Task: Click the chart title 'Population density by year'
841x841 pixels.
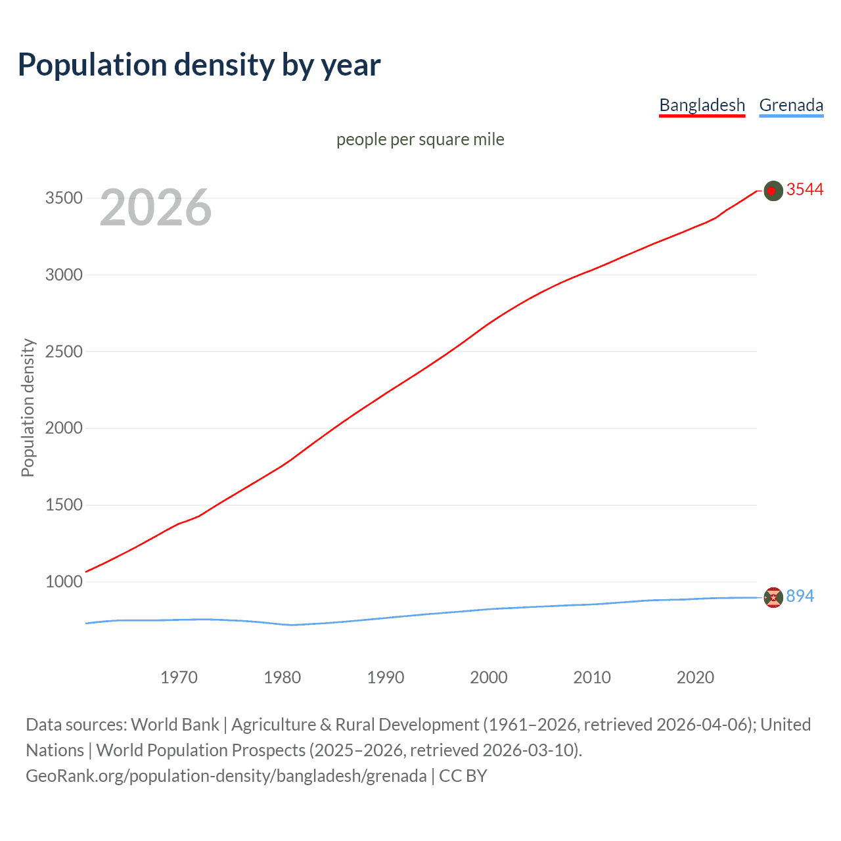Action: point(199,65)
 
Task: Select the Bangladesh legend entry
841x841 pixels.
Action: point(702,105)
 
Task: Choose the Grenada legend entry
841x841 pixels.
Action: point(791,105)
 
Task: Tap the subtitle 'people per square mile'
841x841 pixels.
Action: point(420,139)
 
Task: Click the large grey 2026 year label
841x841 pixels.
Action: point(156,208)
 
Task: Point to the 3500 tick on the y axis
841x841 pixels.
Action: point(64,198)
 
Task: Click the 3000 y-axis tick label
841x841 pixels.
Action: point(64,275)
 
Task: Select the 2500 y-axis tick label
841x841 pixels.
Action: point(64,352)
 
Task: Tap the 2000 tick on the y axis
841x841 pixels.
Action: point(64,428)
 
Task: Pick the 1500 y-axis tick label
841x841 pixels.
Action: point(64,505)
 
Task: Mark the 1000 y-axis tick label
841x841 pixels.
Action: point(64,581)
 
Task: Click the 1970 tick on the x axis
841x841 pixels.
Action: point(179,677)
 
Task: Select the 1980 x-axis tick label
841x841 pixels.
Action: point(282,677)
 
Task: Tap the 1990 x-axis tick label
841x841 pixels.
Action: point(386,677)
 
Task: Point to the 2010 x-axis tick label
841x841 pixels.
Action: point(592,677)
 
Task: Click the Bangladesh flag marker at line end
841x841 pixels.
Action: point(773,191)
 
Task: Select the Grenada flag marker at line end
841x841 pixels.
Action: point(773,597)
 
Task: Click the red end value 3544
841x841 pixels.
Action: point(805,190)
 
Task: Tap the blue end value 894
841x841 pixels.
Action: point(800,596)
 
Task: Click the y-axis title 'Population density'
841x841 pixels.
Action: point(28,407)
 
